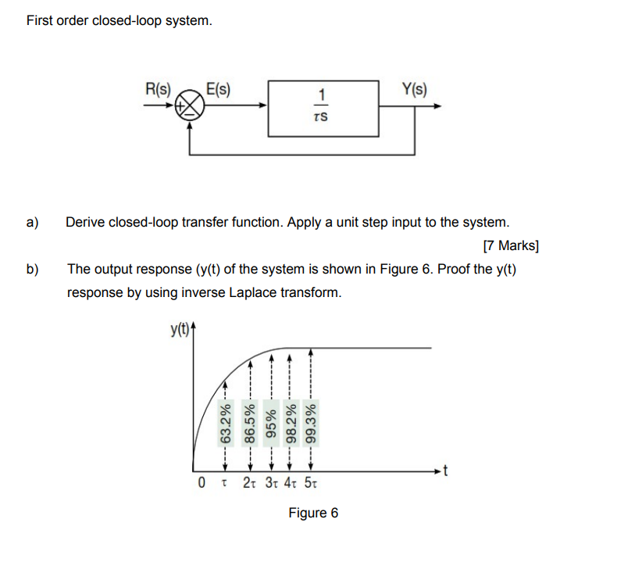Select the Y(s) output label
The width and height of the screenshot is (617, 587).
pyautogui.click(x=414, y=88)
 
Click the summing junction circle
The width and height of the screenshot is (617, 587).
pyautogui.click(x=188, y=106)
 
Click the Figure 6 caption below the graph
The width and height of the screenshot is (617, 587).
pyautogui.click(x=313, y=513)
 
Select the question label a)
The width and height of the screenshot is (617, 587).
pyautogui.click(x=32, y=222)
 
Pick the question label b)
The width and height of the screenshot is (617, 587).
pyautogui.click(x=32, y=270)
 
